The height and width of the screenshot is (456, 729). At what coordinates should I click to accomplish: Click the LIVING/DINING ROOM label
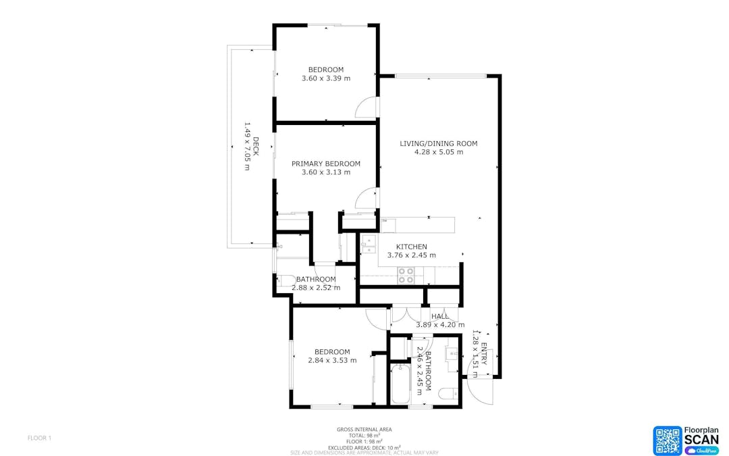(x=438, y=143)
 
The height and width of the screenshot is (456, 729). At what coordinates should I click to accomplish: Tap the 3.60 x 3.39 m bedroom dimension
(x=326, y=78)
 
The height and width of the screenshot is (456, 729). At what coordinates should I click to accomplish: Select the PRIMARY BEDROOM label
(x=326, y=163)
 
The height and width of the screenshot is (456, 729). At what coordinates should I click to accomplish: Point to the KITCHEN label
(x=411, y=247)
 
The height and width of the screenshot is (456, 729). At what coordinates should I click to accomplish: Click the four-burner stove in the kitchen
(x=406, y=275)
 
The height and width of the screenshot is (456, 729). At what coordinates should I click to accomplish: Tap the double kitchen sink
(x=368, y=244)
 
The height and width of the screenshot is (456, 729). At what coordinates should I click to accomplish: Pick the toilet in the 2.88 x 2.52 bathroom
(x=286, y=280)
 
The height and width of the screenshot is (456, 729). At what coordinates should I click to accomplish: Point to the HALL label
(x=440, y=316)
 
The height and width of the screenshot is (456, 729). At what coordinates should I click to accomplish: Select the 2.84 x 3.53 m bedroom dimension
(x=332, y=360)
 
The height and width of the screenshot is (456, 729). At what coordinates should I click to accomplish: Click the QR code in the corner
(x=667, y=440)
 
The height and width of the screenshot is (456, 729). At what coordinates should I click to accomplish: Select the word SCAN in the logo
(x=701, y=440)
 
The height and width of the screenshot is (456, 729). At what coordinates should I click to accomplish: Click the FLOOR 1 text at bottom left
(x=39, y=438)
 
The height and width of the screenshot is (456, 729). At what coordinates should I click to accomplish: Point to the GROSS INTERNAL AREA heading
(x=364, y=429)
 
